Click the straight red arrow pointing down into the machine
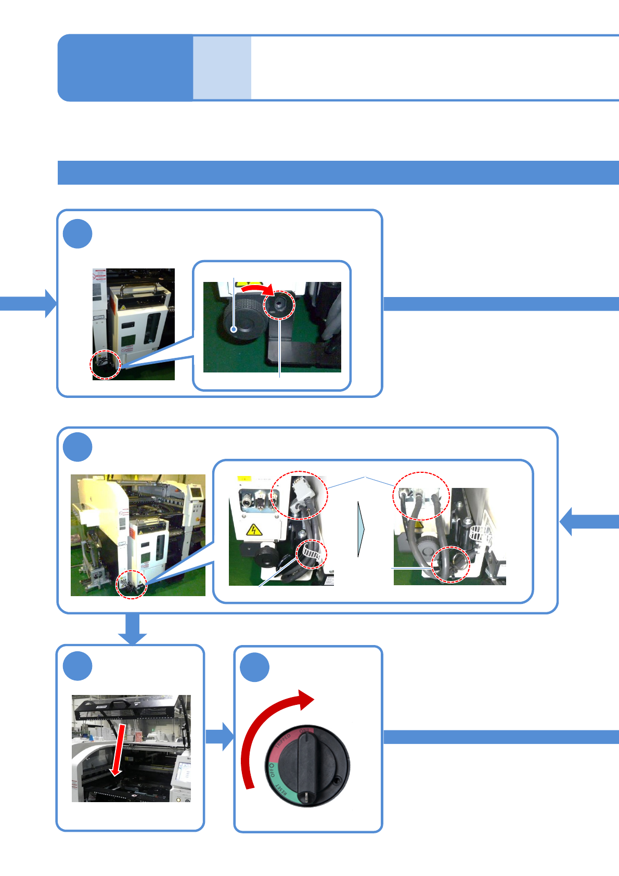pyautogui.click(x=119, y=749)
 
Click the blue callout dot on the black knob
pyautogui.click(x=235, y=329)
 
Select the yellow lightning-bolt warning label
pyautogui.click(x=253, y=530)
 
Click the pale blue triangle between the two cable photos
pyautogui.click(x=361, y=529)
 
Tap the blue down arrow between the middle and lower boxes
pyautogui.click(x=132, y=629)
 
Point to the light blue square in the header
pyautogui.click(x=222, y=68)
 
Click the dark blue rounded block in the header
pyautogui.click(x=125, y=68)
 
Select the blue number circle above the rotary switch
pyautogui.click(x=254, y=667)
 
